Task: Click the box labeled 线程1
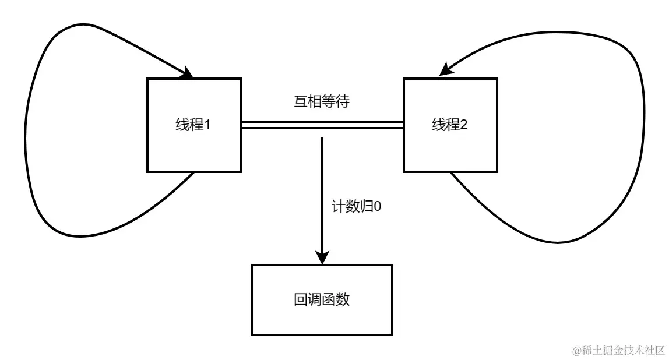click(x=193, y=146)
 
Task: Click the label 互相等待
click(x=322, y=102)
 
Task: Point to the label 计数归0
click(x=356, y=207)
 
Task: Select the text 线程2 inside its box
click(x=449, y=125)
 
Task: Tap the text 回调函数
click(x=322, y=299)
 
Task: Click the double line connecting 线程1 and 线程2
click(x=280, y=125)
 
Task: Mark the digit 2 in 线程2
click(x=464, y=125)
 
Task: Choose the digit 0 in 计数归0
click(x=377, y=207)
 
